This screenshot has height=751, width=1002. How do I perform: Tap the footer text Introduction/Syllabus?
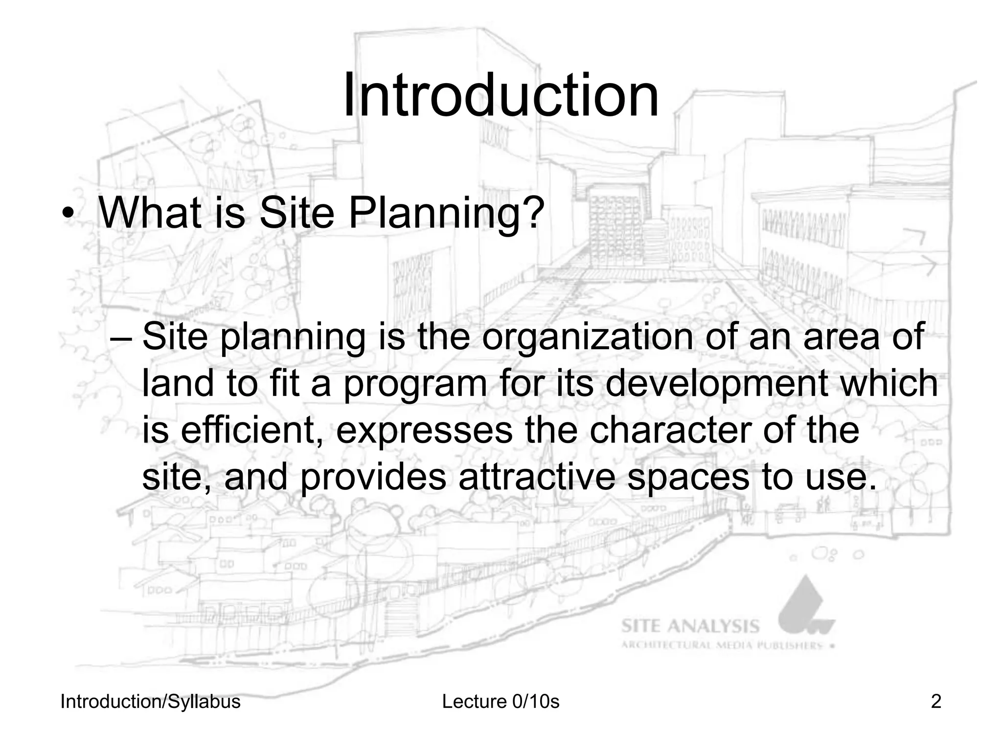150,702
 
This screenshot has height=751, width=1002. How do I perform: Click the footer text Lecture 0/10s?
501,702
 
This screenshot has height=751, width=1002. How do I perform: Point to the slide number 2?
935,702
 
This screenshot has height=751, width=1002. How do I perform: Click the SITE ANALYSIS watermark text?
690,626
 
